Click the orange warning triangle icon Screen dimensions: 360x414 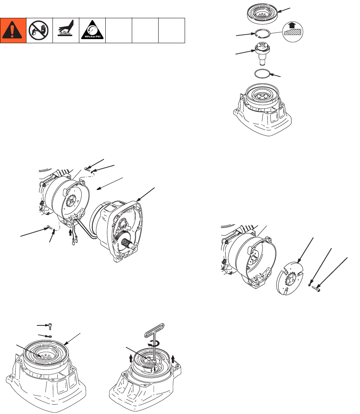point(13,31)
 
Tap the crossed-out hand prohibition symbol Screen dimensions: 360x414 point(39,31)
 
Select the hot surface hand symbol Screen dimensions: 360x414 point(66,31)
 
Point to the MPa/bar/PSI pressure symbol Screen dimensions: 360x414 point(92,31)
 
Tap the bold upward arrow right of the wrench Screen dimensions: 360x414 point(173,359)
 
